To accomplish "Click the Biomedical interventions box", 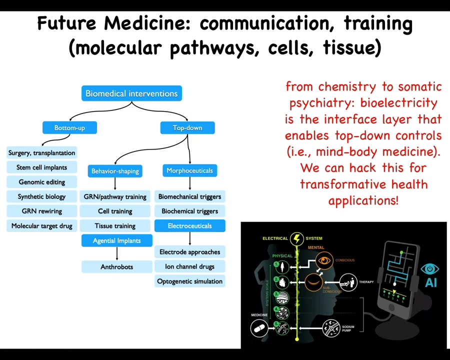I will tap(131, 93).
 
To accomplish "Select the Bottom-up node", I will tap(69, 128).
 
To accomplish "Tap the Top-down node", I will tap(187, 128).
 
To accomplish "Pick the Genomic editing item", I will tap(41, 182).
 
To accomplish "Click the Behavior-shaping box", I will tap(115, 171).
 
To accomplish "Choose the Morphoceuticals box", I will tap(189, 170).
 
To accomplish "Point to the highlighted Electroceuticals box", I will tap(189, 226).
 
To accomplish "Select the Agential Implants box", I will tap(116, 240).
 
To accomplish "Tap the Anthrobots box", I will tap(116, 267).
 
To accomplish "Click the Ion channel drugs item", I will tap(189, 266).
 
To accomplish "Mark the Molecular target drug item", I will tap(41, 226).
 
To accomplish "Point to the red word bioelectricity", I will tap(398, 103).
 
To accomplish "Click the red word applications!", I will tap(363, 200).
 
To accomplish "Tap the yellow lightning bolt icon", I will tap(297, 238).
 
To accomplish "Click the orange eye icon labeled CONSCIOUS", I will tap(324, 260).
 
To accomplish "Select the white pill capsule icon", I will tap(259, 328).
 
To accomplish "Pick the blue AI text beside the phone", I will tap(430, 282).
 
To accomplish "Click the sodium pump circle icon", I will tap(331, 328).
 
